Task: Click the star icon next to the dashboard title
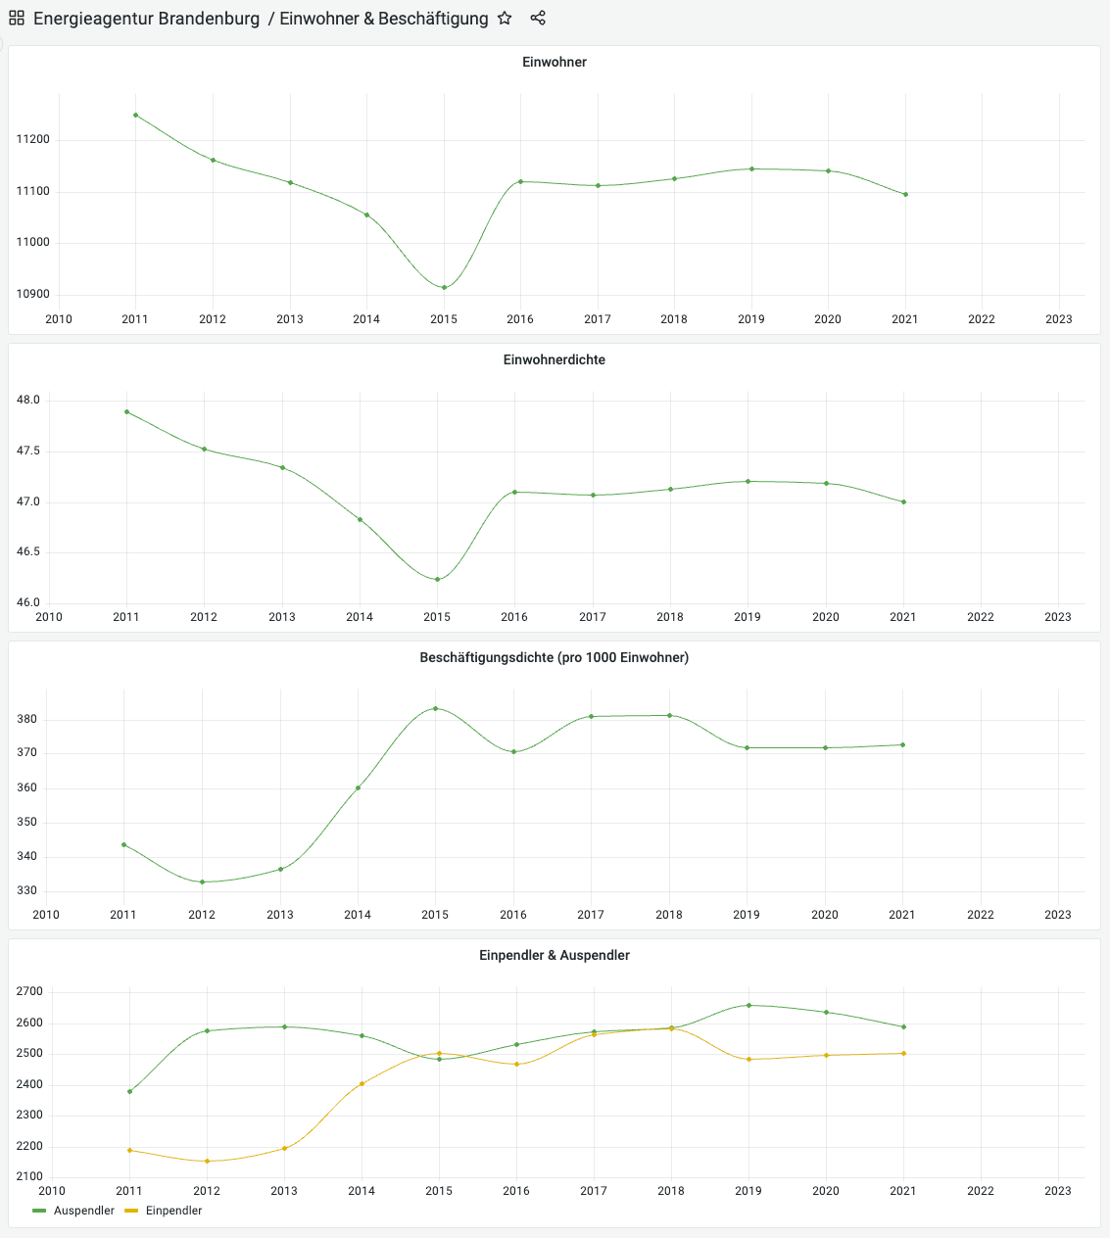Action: pyautogui.click(x=505, y=18)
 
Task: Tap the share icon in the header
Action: pyautogui.click(x=538, y=18)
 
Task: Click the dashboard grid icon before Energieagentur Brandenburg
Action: pyautogui.click(x=17, y=18)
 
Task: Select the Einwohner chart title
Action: pyautogui.click(x=555, y=62)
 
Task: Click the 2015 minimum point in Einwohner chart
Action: pyautogui.click(x=444, y=287)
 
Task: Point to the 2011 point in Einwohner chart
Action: pyautogui.click(x=135, y=115)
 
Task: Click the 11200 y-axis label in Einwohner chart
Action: pyautogui.click(x=32, y=140)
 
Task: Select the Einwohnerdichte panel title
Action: pyautogui.click(x=555, y=359)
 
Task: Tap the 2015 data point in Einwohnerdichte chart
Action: pyautogui.click(x=437, y=579)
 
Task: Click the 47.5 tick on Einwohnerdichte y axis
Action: pyautogui.click(x=27, y=452)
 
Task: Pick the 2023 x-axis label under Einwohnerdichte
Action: pyautogui.click(x=1058, y=617)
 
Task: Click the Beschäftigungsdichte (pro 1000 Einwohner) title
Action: pyautogui.click(x=555, y=657)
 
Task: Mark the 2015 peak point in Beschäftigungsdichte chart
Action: pyautogui.click(x=435, y=708)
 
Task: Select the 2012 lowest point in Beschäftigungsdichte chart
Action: pyautogui.click(x=202, y=881)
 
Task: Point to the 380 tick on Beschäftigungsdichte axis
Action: pyautogui.click(x=27, y=719)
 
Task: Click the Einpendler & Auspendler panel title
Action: pyautogui.click(x=555, y=955)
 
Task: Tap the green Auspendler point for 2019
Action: pyautogui.click(x=748, y=1005)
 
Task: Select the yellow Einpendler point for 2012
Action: pyautogui.click(x=207, y=1161)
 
